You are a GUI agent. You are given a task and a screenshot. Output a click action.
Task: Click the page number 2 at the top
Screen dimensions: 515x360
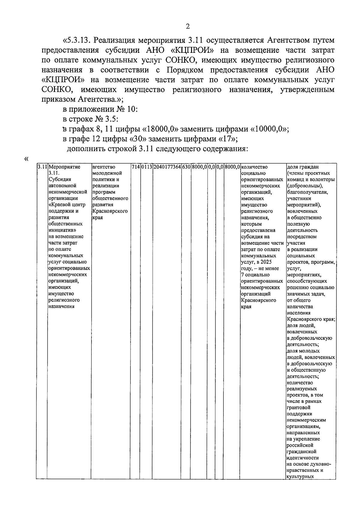(188, 27)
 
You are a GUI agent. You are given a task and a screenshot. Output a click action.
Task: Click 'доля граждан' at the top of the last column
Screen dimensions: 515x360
(302, 167)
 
